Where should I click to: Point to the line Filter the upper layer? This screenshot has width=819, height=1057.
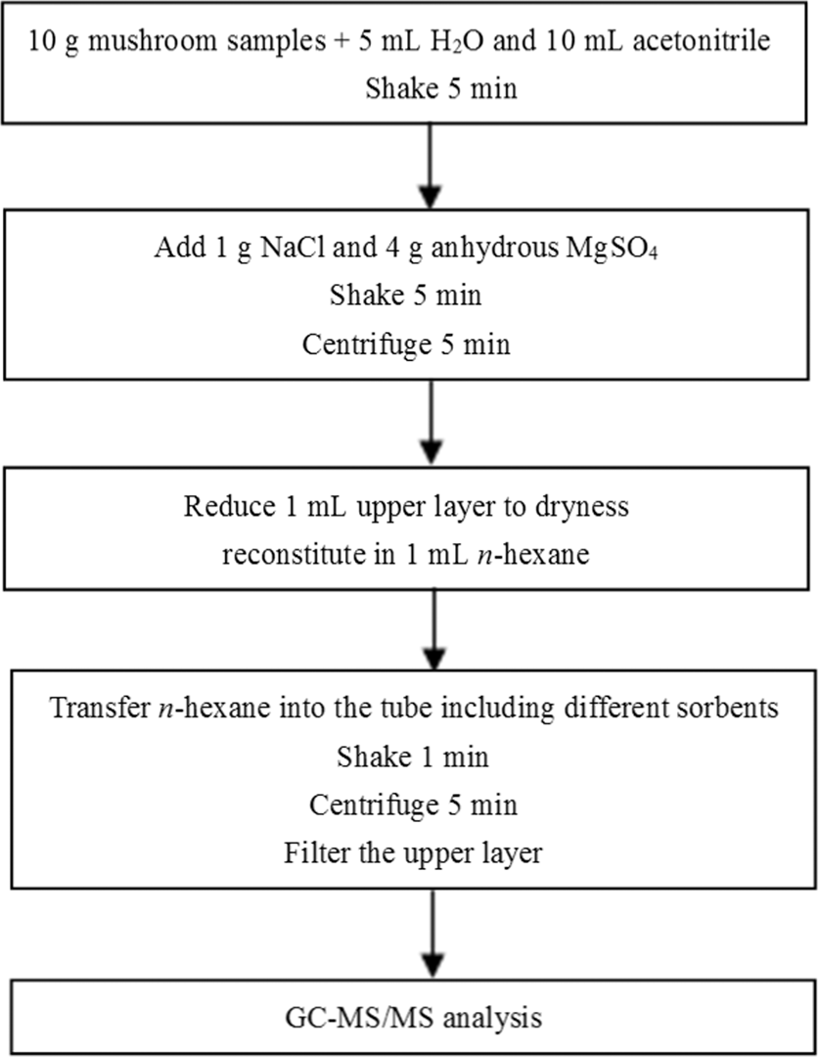412,852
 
